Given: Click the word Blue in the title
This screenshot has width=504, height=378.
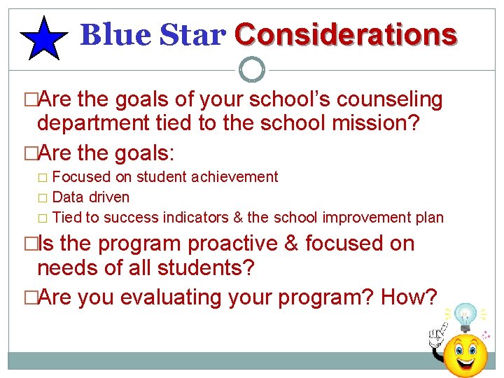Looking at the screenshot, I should [x=105, y=34].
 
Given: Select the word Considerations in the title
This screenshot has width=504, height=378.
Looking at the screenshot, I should [x=346, y=34].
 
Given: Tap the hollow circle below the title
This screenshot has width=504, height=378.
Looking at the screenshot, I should [x=252, y=69].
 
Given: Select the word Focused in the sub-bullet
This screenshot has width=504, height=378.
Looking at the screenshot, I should [x=78, y=177].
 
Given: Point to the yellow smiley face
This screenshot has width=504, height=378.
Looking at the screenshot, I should [x=465, y=355].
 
